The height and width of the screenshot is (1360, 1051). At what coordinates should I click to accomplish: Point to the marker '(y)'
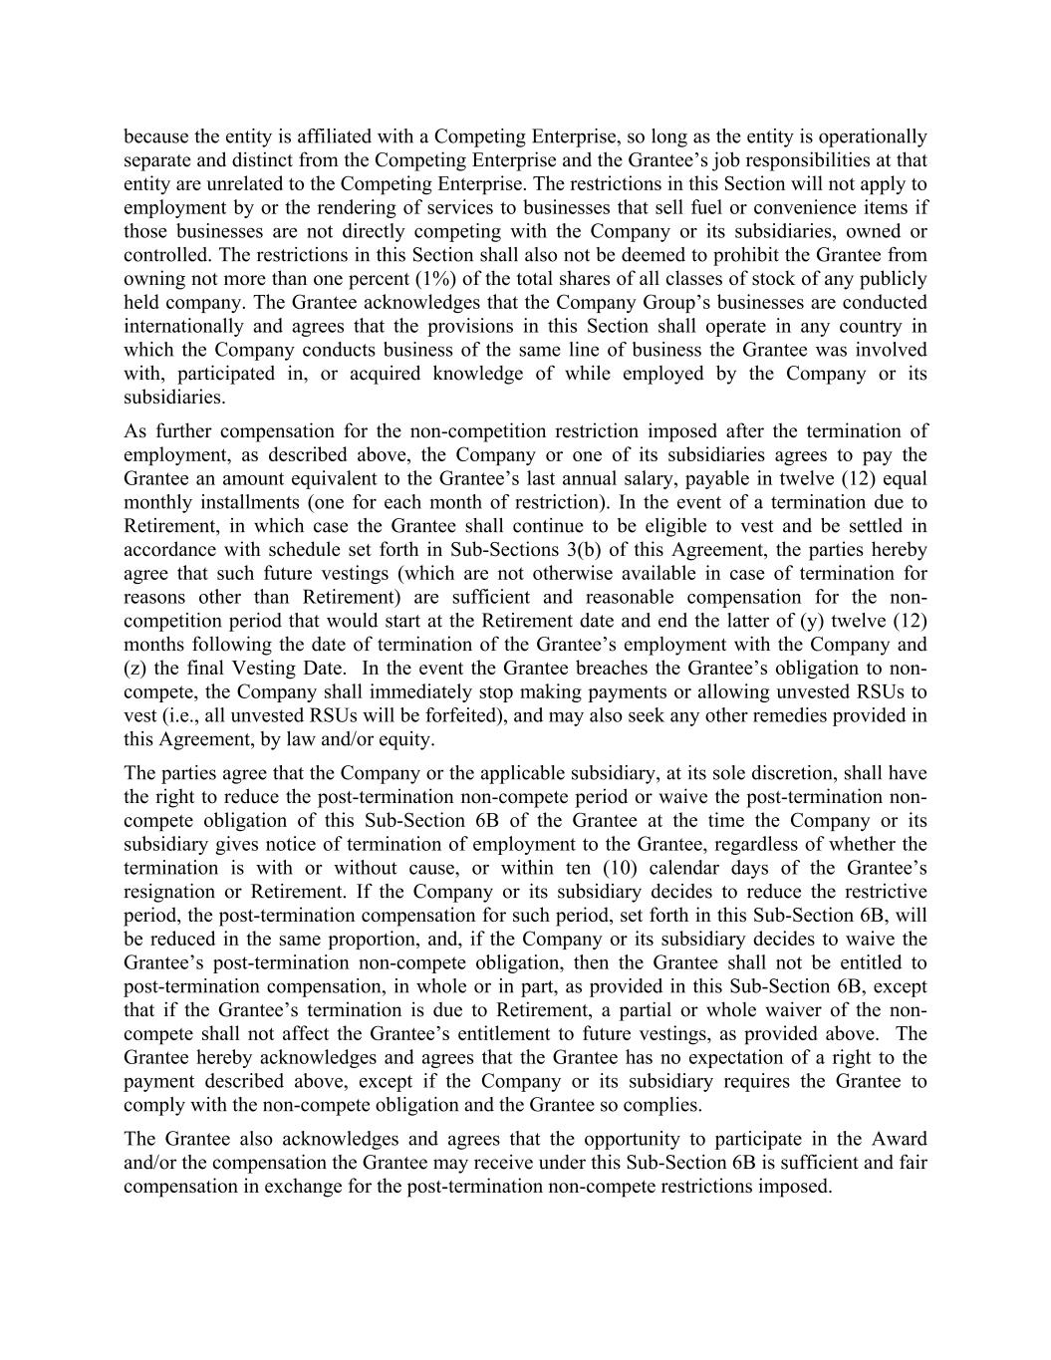[816, 621]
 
